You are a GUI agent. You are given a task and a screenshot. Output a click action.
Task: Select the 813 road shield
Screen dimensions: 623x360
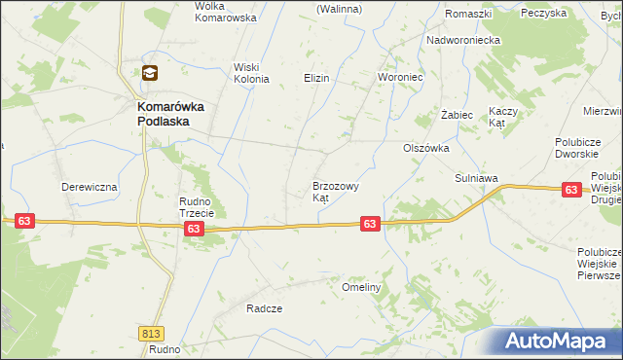pos(151,334)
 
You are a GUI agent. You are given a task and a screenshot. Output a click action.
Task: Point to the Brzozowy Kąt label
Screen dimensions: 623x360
pos(336,191)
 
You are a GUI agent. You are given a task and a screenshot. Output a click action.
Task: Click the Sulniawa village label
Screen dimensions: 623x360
pos(476,179)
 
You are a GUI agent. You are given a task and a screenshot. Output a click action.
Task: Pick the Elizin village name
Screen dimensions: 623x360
pos(316,77)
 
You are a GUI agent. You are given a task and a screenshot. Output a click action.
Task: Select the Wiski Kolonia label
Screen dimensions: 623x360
pos(250,73)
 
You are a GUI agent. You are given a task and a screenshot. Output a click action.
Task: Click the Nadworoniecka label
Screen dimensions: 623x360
pos(462,41)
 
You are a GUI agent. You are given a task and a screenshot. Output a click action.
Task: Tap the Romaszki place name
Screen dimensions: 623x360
pos(467,14)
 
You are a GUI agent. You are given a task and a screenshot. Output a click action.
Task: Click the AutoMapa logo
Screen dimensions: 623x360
pos(559,342)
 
